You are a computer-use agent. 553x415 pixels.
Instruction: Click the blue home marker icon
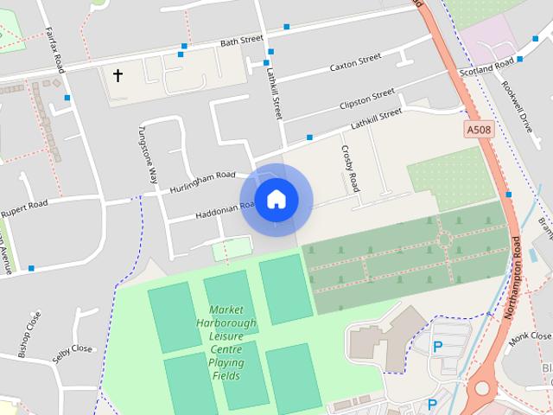276,199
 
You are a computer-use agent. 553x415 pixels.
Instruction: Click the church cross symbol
118,76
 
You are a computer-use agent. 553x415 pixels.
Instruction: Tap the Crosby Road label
350,167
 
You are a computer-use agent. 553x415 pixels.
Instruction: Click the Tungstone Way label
147,155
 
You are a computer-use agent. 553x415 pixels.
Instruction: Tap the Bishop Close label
29,335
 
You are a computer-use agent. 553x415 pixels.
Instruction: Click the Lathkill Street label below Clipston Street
376,119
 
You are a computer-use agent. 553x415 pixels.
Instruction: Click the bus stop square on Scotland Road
520,60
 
